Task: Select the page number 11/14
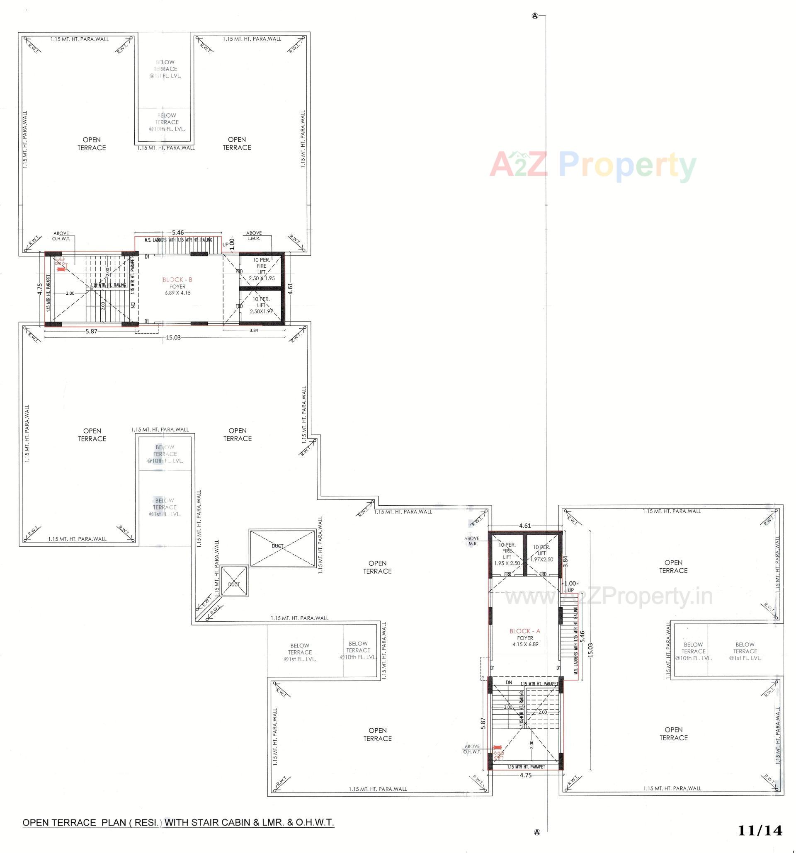(760, 830)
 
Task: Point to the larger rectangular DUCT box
(283, 547)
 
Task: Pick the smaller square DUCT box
(234, 581)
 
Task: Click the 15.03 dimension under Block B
(173, 338)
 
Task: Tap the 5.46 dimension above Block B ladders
(178, 233)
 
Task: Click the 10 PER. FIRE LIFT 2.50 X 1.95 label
(261, 269)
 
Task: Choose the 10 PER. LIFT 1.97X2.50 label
(542, 553)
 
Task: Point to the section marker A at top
(535, 16)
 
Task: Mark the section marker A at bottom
(536, 844)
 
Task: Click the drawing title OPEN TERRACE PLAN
(178, 822)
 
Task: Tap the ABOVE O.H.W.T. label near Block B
(61, 236)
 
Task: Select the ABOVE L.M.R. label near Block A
(472, 540)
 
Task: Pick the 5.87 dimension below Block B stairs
(91, 331)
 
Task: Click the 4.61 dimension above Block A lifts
(525, 525)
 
